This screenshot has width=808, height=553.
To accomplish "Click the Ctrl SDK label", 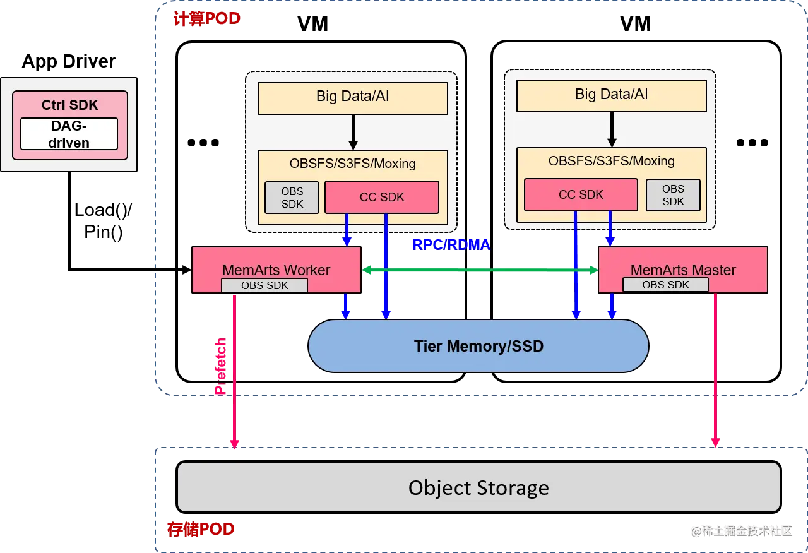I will pyautogui.click(x=70, y=105).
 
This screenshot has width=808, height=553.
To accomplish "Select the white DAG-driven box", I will pyautogui.click(x=69, y=134).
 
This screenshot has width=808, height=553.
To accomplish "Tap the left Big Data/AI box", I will pyautogui.click(x=353, y=97).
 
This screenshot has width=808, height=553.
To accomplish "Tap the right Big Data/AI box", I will pyautogui.click(x=611, y=95).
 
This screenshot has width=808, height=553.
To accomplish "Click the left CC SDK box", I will pyautogui.click(x=381, y=197).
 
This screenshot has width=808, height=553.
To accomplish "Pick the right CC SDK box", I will pyautogui.click(x=581, y=194).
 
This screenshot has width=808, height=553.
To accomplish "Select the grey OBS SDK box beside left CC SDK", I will pyautogui.click(x=292, y=198).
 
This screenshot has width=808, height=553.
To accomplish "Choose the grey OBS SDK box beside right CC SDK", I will pyautogui.click(x=673, y=195).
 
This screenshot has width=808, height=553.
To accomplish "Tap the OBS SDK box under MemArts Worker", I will pyautogui.click(x=264, y=285).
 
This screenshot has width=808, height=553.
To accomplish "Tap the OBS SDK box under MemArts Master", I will pyautogui.click(x=665, y=285).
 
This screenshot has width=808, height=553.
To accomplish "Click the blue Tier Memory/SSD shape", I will pyautogui.click(x=478, y=346).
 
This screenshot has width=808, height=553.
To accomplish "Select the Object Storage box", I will pyautogui.click(x=478, y=487).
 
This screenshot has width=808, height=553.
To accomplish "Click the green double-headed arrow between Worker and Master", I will pyautogui.click(x=480, y=270).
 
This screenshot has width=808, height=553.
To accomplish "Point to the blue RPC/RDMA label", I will pyautogui.click(x=451, y=244).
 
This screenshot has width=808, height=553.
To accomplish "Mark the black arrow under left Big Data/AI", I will pyautogui.click(x=353, y=132).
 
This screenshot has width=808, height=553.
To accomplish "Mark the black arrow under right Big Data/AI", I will pyautogui.click(x=611, y=129).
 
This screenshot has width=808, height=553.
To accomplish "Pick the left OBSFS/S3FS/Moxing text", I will pyautogui.click(x=353, y=164).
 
